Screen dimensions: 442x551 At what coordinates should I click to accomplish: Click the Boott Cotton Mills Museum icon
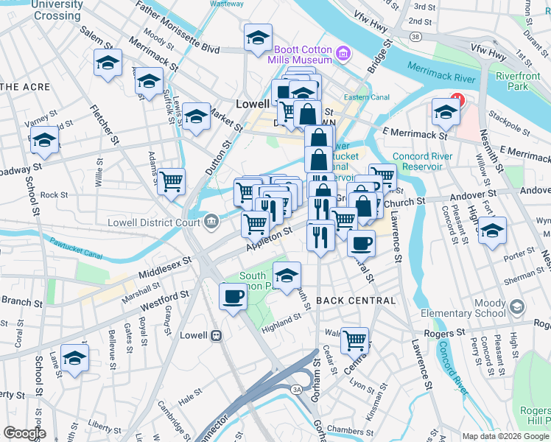pyautogui.click(x=343, y=54)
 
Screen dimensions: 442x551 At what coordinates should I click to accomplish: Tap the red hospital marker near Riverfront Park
pyautogui.click(x=457, y=98)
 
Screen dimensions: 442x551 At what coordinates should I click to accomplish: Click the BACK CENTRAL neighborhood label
pyautogui.click(x=356, y=301)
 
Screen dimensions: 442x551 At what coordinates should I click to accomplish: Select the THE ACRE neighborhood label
pyautogui.click(x=25, y=87)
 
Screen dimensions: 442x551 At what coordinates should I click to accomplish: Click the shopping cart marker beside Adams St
pyautogui.click(x=171, y=180)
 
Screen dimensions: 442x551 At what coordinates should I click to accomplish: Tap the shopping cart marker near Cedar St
pyautogui.click(x=355, y=340)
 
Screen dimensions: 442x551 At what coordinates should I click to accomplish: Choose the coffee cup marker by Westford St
pyautogui.click(x=234, y=296)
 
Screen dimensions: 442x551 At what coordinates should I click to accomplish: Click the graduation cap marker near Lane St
pyautogui.click(x=74, y=358)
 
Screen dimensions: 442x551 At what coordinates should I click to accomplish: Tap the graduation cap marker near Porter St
pyautogui.click(x=492, y=231)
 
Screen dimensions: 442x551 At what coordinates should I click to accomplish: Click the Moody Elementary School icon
pyautogui.click(x=516, y=306)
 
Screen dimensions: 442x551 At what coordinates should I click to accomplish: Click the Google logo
pyautogui.click(x=24, y=433)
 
